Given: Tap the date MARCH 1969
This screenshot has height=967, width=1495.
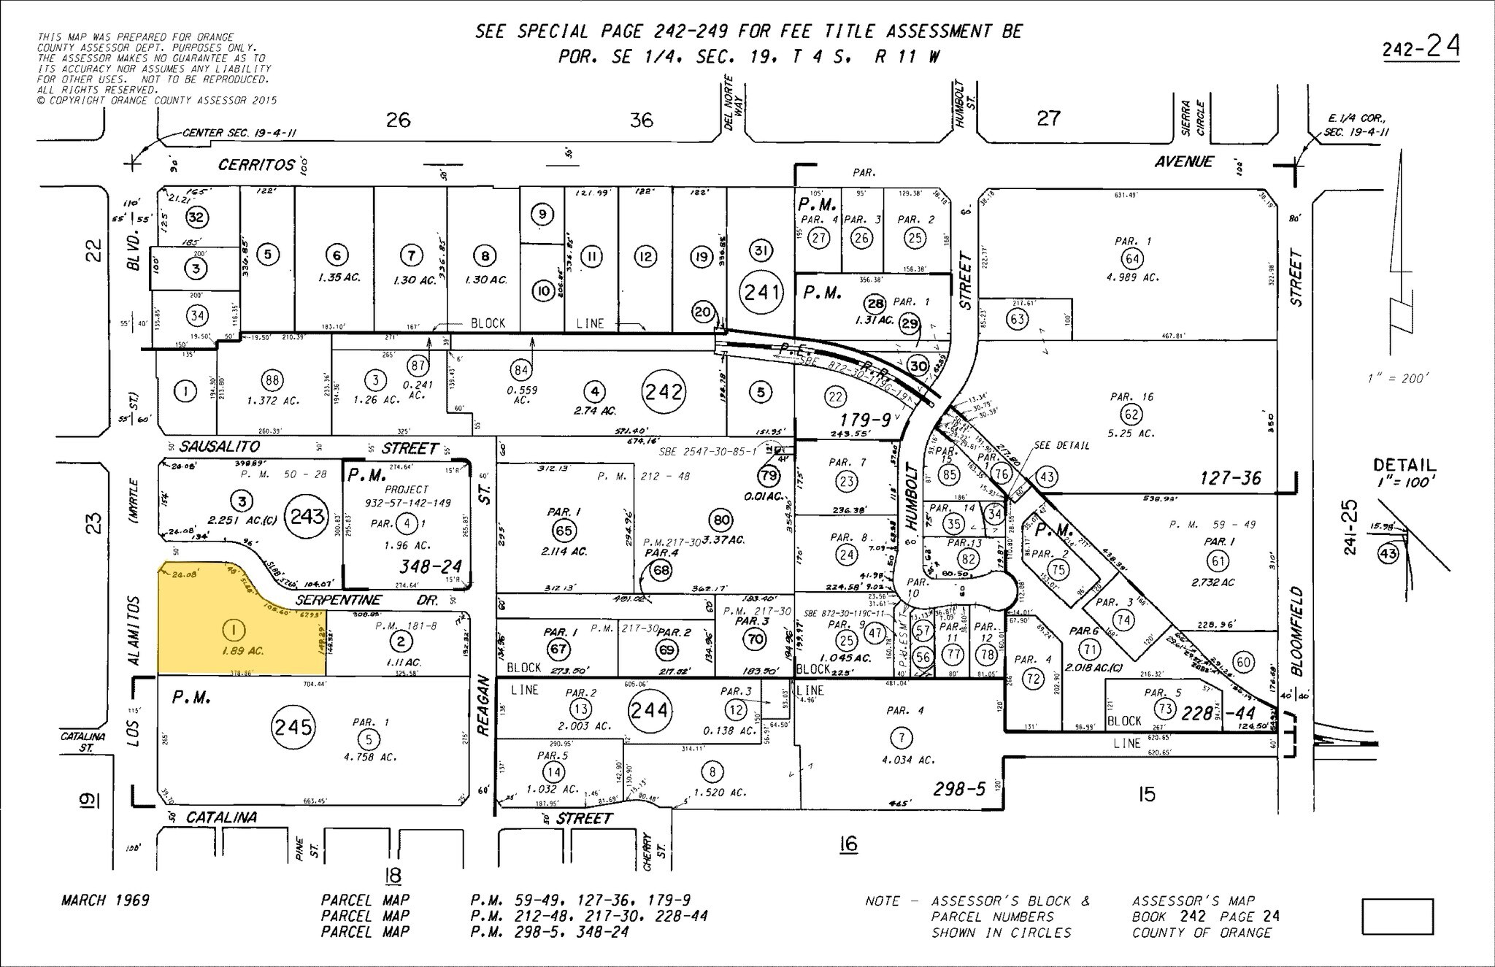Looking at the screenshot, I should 105,901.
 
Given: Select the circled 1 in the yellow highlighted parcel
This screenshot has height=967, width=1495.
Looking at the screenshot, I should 234,629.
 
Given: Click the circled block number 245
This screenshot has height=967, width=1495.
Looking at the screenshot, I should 293,726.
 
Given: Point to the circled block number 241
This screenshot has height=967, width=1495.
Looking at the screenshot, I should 762,293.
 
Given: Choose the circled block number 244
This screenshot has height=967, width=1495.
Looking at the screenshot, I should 649,710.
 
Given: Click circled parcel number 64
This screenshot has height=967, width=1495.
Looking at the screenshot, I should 1132,258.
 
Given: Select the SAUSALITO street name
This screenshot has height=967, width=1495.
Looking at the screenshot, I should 220,447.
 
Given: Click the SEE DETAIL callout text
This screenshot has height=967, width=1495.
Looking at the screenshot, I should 1061,445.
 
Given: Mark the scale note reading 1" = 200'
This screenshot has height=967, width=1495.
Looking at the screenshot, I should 1397,379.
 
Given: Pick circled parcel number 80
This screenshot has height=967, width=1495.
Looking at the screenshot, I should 720,520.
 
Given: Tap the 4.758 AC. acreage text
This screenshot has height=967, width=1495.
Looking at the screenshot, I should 370,758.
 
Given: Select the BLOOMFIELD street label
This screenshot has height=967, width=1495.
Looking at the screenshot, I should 1296,632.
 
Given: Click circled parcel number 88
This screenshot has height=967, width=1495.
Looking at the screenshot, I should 272,380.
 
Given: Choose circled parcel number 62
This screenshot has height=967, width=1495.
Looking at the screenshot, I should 1131,415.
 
